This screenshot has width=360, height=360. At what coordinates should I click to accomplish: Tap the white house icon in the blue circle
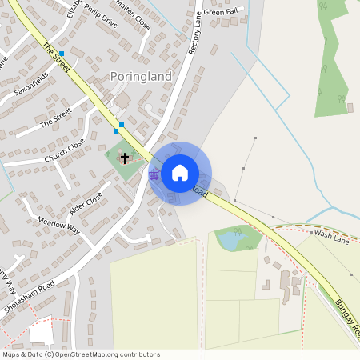[180, 172]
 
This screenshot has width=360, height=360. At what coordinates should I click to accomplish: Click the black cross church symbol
[125, 157]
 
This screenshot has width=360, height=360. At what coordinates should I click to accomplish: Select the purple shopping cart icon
[153, 174]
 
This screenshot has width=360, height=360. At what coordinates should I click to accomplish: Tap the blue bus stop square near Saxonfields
[61, 54]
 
